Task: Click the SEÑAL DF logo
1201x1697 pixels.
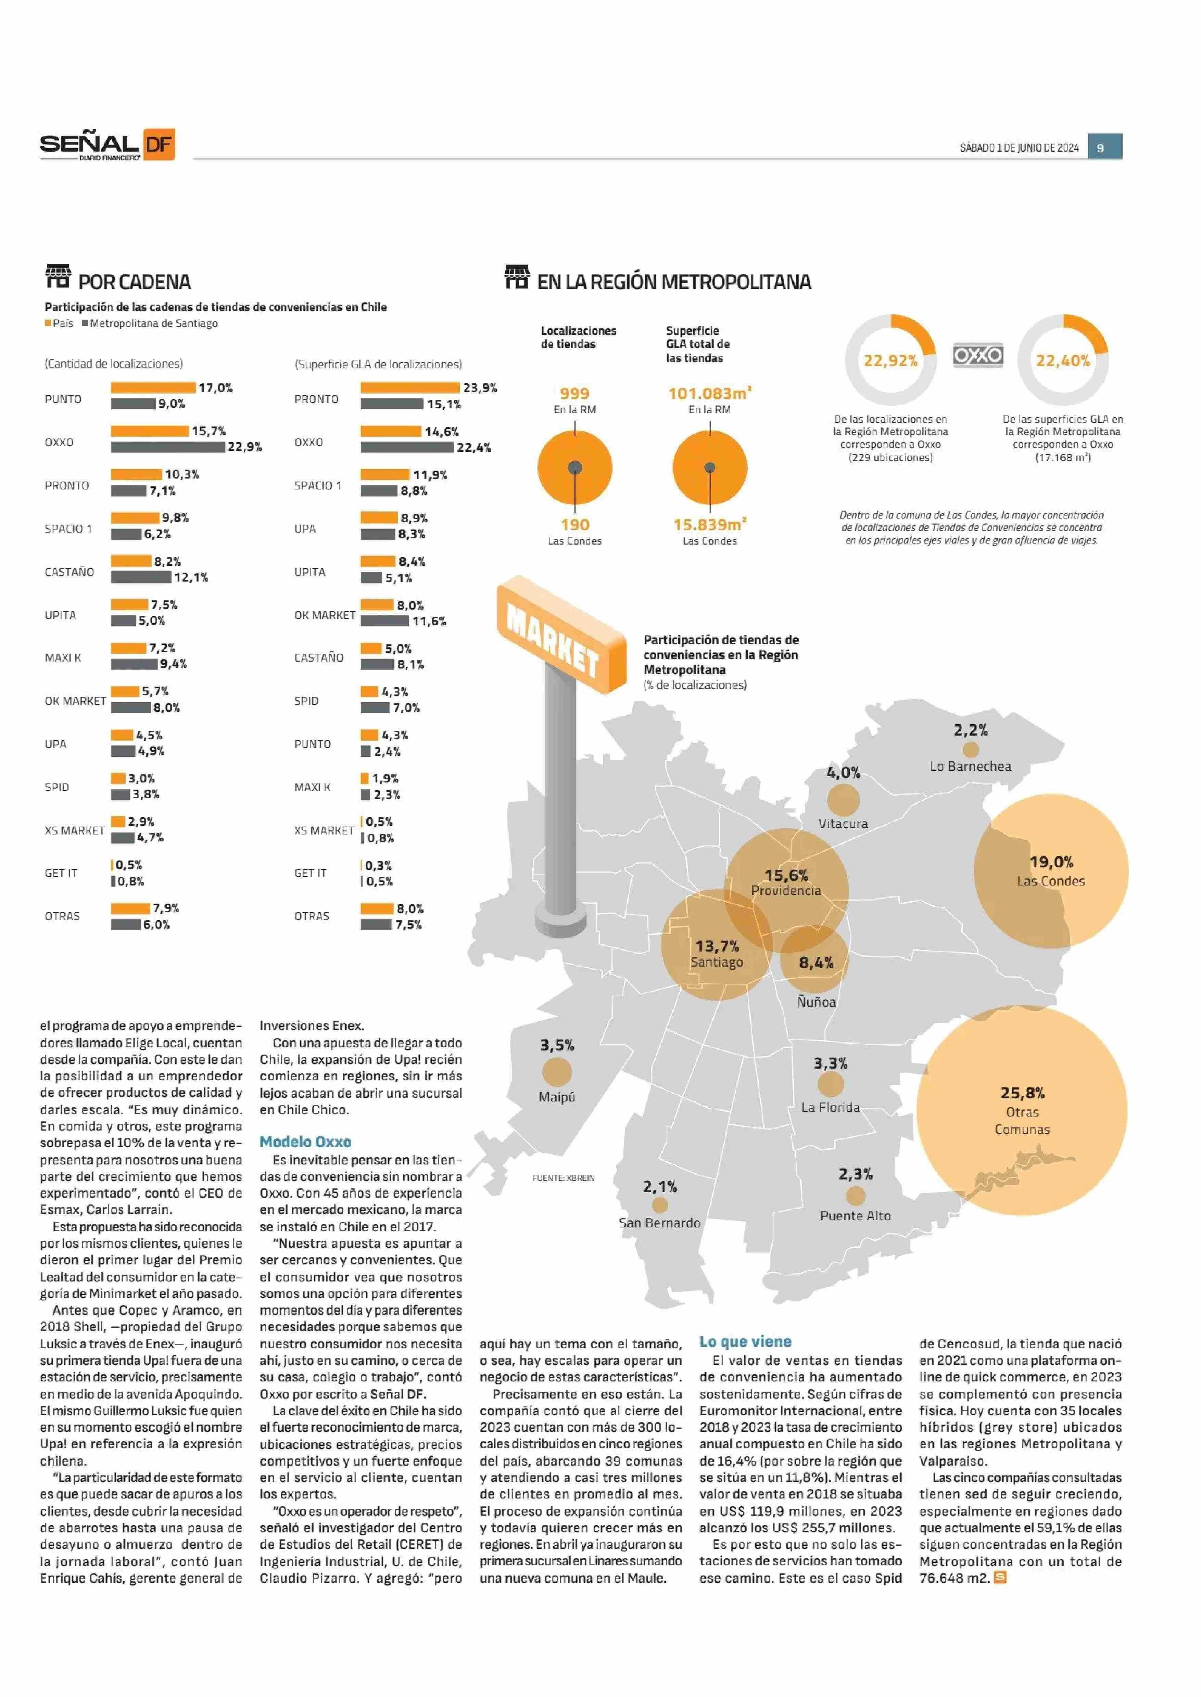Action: pos(107,145)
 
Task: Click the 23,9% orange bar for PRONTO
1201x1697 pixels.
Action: pos(410,387)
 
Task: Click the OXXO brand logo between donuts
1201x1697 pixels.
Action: pos(978,356)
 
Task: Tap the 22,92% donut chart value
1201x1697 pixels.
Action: pos(890,361)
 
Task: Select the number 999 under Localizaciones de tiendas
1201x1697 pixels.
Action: pos(574,393)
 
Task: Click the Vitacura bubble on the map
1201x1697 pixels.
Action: pos(843,799)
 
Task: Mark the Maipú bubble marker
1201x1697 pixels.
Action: pos(557,1071)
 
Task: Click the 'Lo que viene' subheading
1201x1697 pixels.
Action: pos(745,1341)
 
